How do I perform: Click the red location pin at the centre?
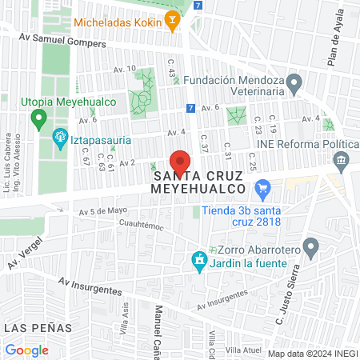point(180,162)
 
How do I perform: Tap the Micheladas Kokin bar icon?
point(171,22)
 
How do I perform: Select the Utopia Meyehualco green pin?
point(37,120)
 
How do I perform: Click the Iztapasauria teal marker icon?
point(59,138)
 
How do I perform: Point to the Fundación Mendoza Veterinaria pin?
point(294,83)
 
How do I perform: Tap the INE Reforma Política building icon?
point(342,161)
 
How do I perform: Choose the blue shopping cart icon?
point(262,190)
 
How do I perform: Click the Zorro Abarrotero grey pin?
point(309,247)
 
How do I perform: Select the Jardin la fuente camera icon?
point(198,260)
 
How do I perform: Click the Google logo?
point(26,350)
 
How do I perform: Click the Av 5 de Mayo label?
point(103,211)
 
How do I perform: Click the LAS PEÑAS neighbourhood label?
point(38,328)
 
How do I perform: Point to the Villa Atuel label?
point(242,350)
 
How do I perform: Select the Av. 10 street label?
point(126,69)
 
